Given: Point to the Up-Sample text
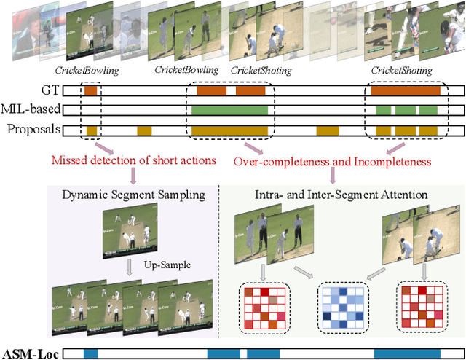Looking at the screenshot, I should [167, 265].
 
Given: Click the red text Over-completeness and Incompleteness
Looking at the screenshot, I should [332, 160].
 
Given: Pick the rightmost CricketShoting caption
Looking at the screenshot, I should [401, 70].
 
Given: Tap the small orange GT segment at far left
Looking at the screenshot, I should [90, 92].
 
